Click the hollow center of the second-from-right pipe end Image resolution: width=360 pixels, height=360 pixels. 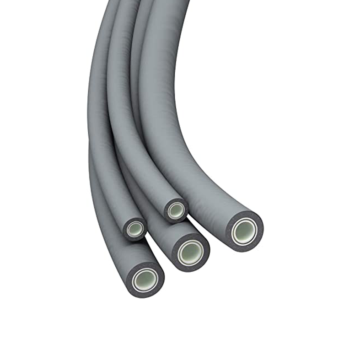click(x=191, y=251)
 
